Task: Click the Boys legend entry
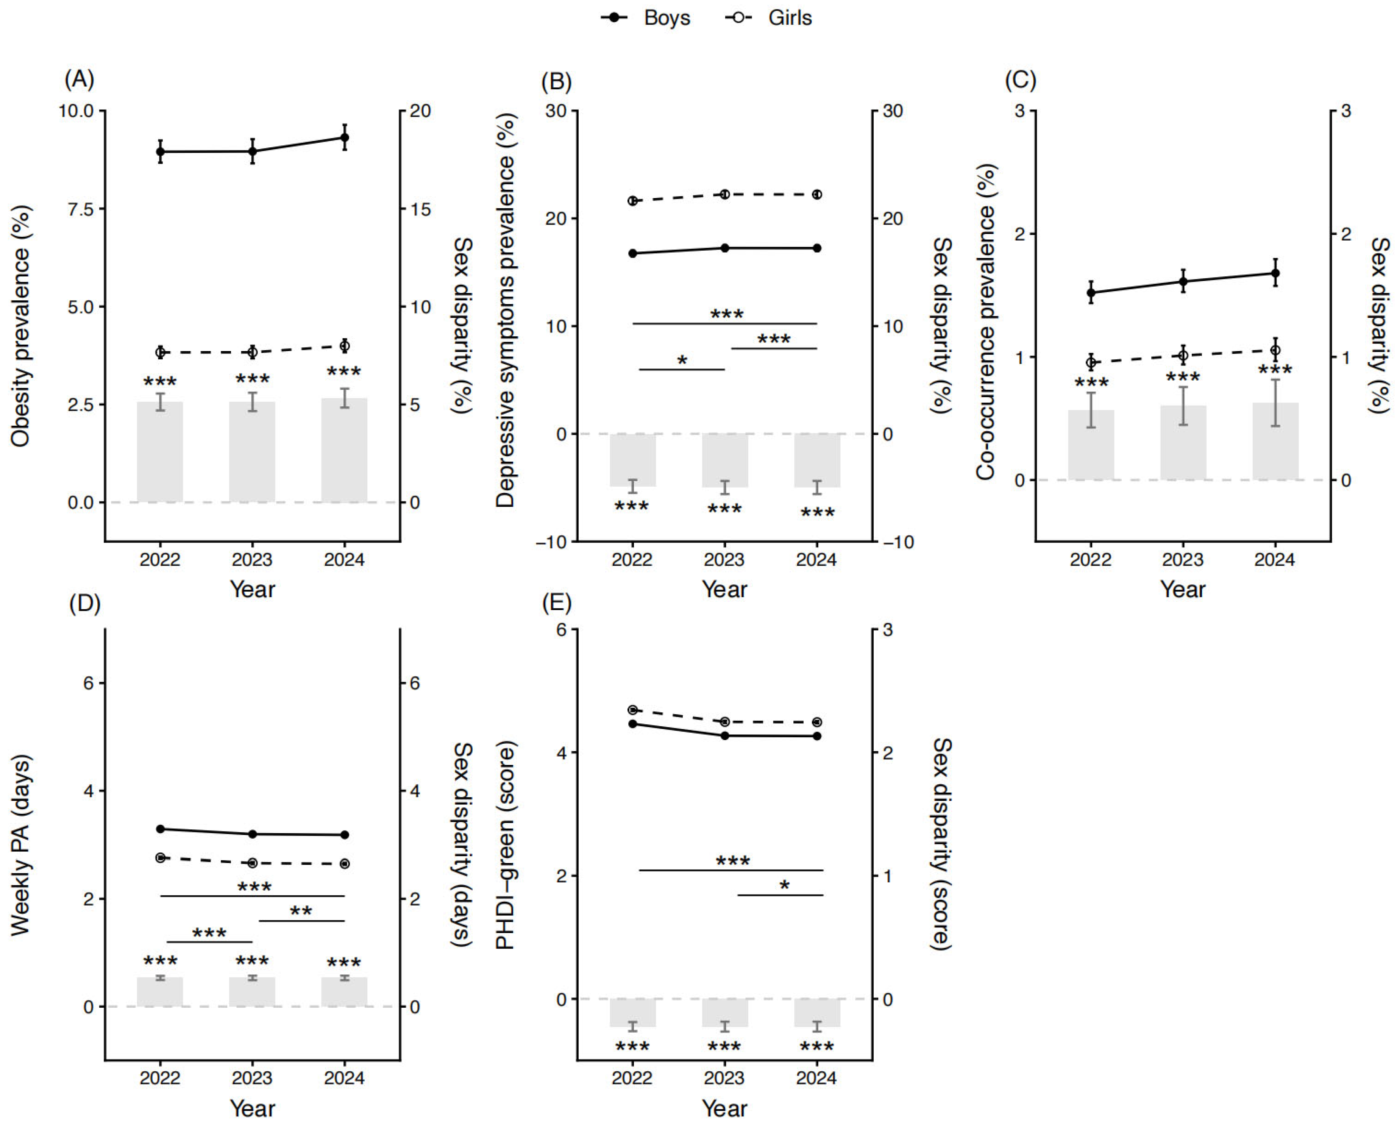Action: [645, 17]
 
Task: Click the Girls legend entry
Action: [769, 17]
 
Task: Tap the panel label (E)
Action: [557, 603]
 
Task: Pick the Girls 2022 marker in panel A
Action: [160, 352]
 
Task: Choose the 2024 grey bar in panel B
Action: [817, 460]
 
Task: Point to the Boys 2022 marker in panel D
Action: [160, 829]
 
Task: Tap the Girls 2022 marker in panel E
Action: [632, 710]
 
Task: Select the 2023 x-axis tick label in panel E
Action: [724, 1078]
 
